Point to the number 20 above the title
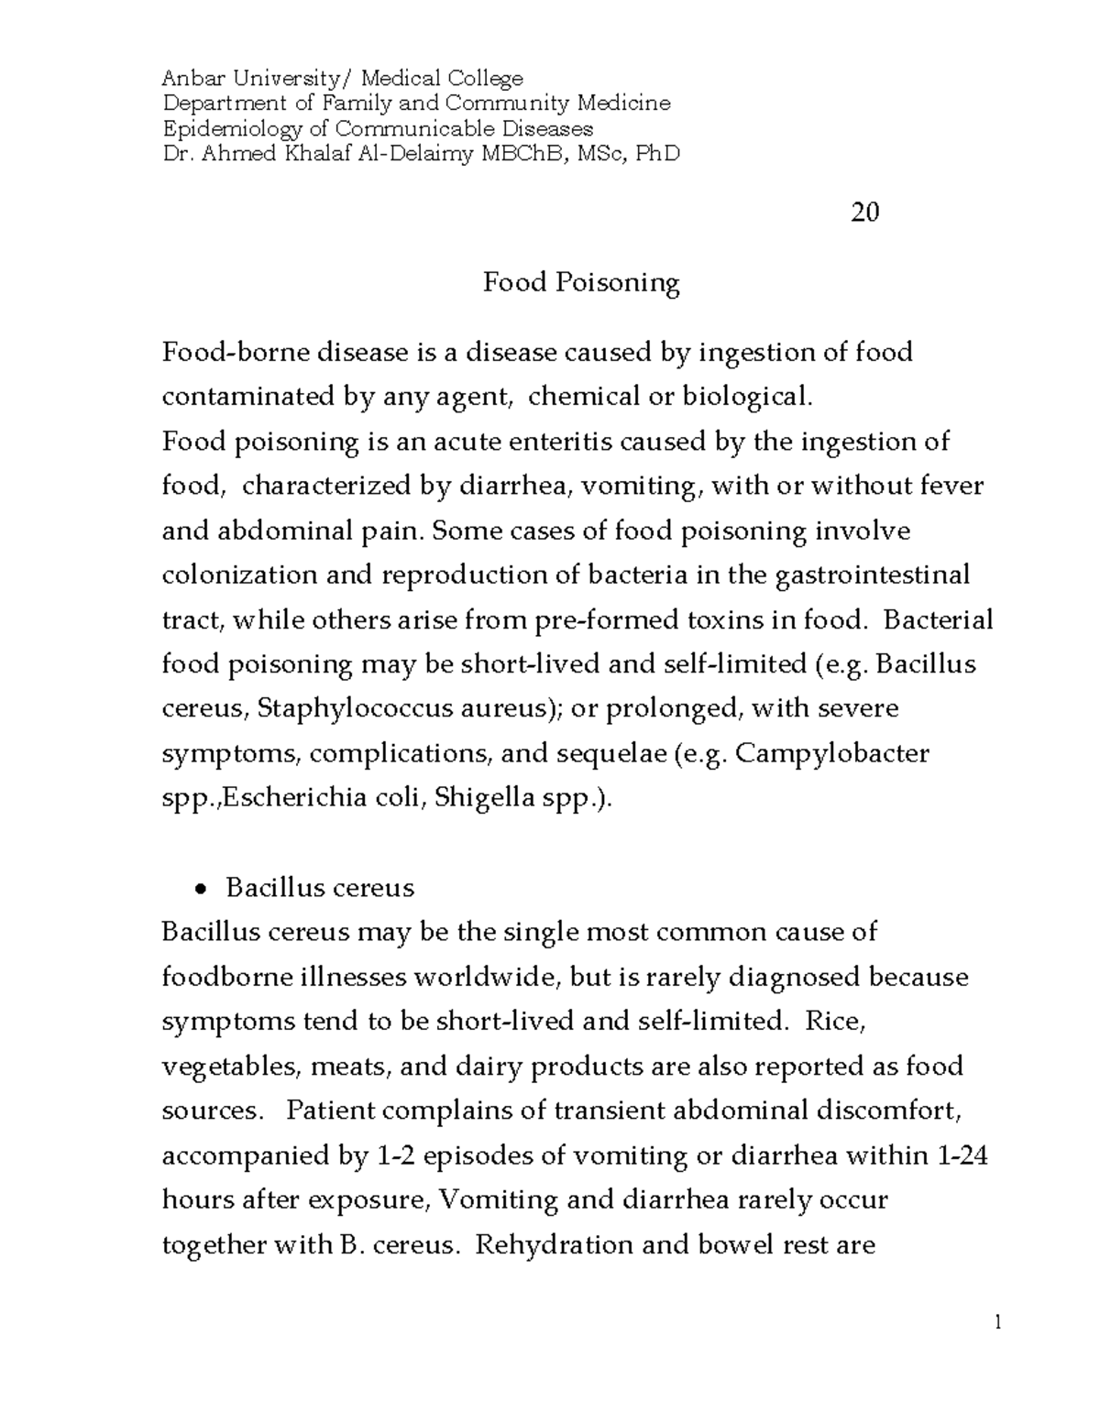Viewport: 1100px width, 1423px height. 864,213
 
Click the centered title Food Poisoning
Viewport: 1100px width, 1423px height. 581,282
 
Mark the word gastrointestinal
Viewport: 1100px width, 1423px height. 872,575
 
